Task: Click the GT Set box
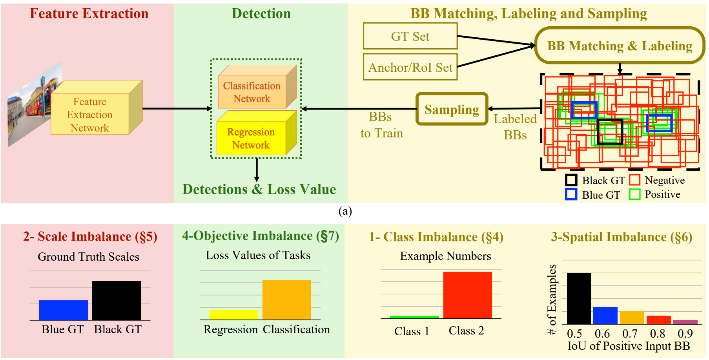coord(410,36)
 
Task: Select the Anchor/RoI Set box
coord(410,67)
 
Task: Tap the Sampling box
coord(452,109)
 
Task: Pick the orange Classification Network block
coord(252,92)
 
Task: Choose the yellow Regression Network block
coord(251,138)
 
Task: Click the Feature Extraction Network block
coord(90,114)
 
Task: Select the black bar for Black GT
coord(117,300)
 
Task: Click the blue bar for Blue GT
coord(63,310)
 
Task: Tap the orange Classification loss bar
coord(286,300)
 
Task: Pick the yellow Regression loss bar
coord(233,314)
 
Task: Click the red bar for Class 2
coord(467,294)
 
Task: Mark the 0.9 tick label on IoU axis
coord(685,334)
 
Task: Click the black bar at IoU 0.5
coord(579,298)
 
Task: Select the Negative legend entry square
coord(634,180)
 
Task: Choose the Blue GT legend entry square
coord(571,194)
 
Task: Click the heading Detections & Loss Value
coord(259,189)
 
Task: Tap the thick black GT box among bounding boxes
coord(610,132)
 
